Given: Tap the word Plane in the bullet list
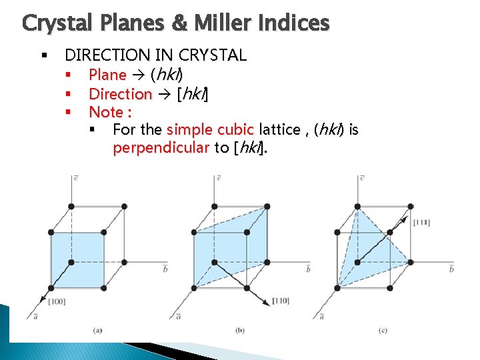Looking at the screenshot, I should tap(107, 75).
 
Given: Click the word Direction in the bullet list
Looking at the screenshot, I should tap(120, 94).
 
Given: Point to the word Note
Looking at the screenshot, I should tap(106, 113).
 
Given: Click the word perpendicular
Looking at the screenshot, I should tap(161, 148).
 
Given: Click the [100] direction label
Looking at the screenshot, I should tap(57, 302).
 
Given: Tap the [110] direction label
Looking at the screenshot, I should tap(280, 301).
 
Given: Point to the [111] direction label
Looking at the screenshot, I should tap(421, 222).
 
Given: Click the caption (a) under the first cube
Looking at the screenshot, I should tap(97, 330).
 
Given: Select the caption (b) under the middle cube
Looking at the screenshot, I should tap(240, 330).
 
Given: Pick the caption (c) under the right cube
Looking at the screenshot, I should tap(383, 330).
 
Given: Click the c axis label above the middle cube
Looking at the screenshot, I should tap(219, 177).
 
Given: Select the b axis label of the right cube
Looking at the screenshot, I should tap(451, 269).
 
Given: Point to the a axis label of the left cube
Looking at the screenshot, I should tap(35, 316).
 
